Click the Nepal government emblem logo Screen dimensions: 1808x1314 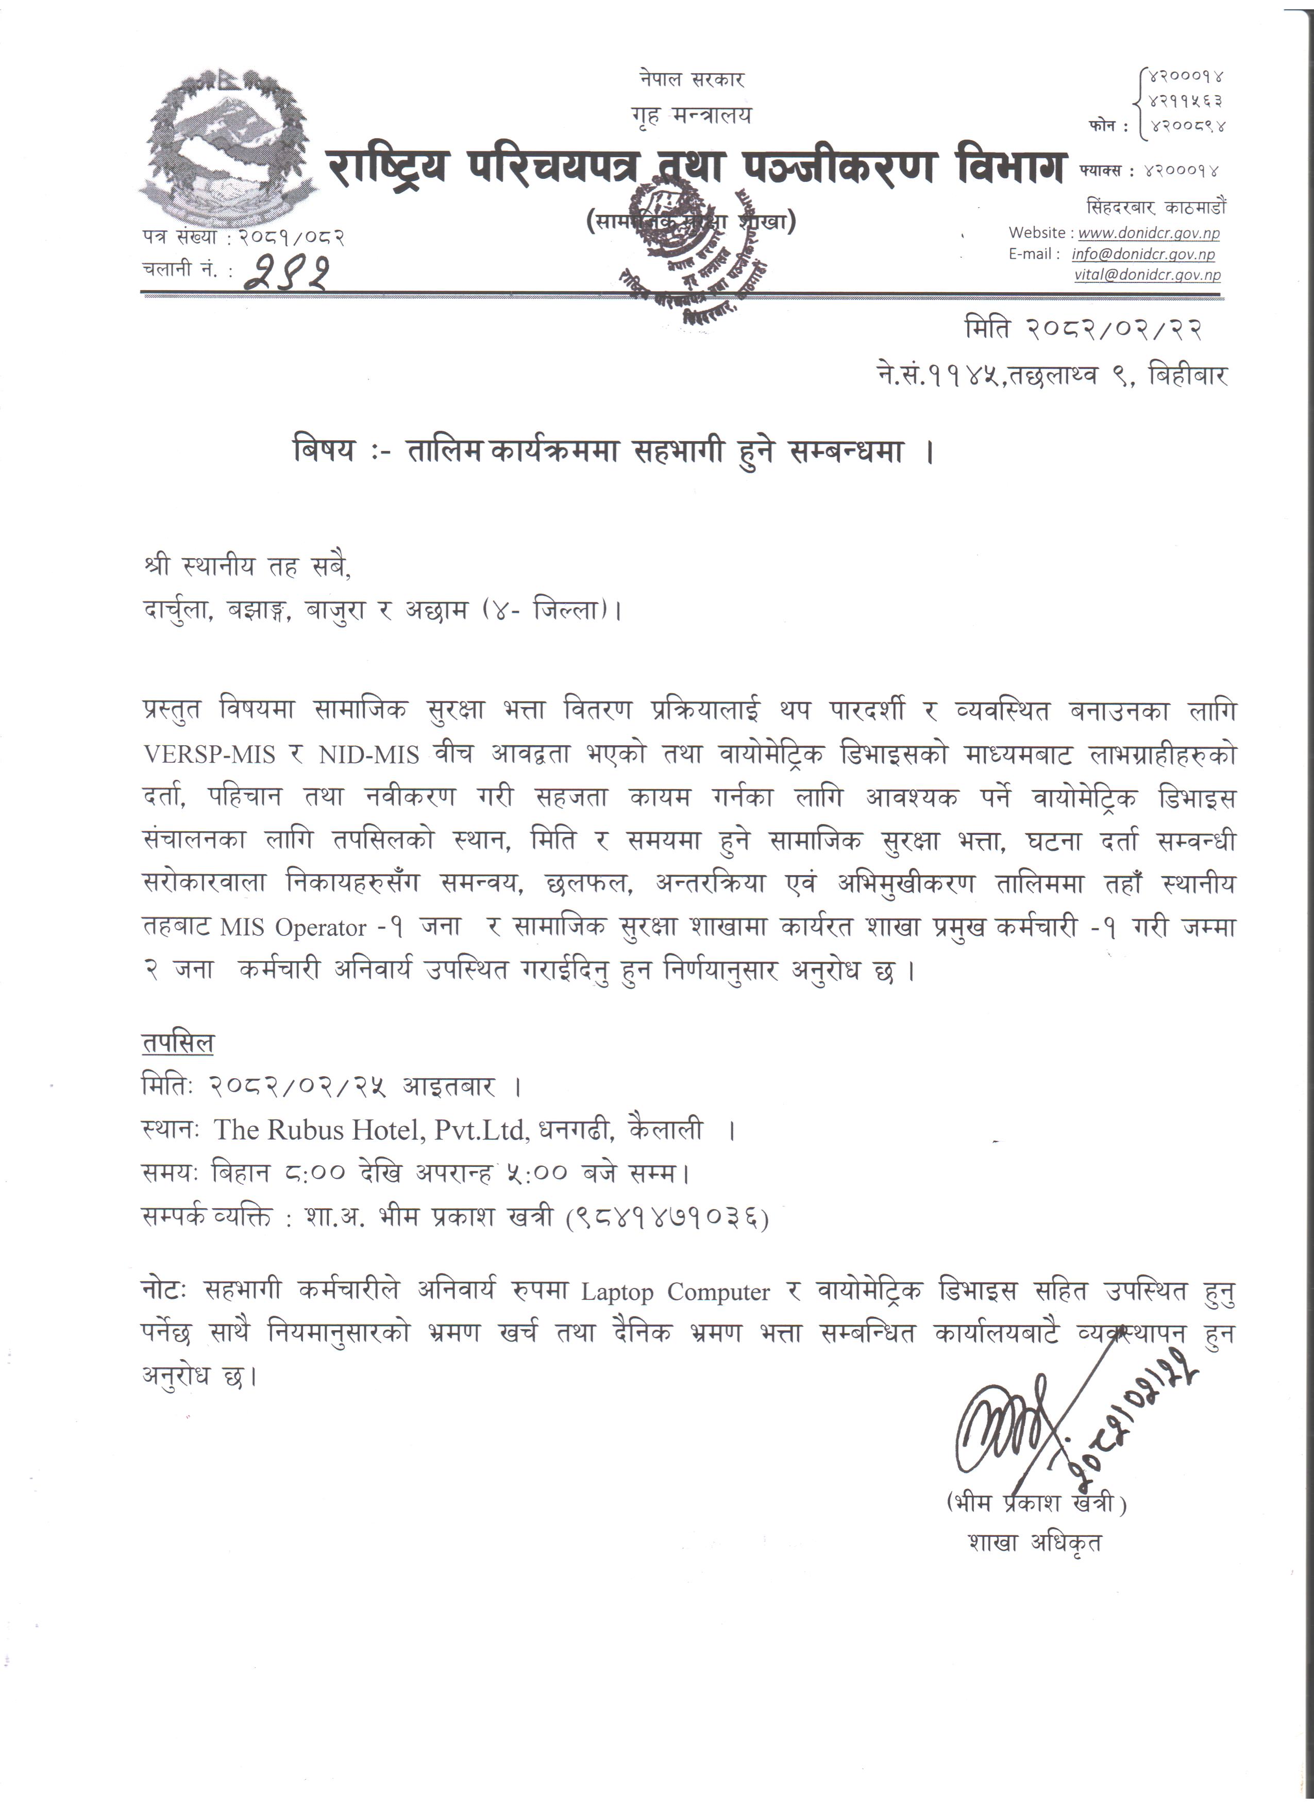click(227, 143)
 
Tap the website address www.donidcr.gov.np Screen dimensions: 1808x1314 click(1148, 233)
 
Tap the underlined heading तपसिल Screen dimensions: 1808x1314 click(178, 1044)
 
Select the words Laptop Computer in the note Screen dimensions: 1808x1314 click(675, 1293)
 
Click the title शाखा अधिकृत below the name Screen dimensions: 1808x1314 click(1034, 1543)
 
